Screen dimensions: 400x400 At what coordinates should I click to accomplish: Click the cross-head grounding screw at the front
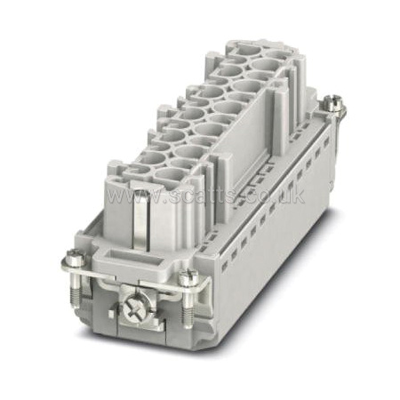pos(135,309)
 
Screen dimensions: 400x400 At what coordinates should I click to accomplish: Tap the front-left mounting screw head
pos(72,255)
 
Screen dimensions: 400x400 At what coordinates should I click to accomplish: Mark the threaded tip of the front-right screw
pos(187,316)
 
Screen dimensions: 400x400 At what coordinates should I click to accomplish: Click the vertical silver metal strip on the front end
pos(140,220)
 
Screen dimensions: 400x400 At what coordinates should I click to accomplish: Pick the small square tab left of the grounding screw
pos(111,314)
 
